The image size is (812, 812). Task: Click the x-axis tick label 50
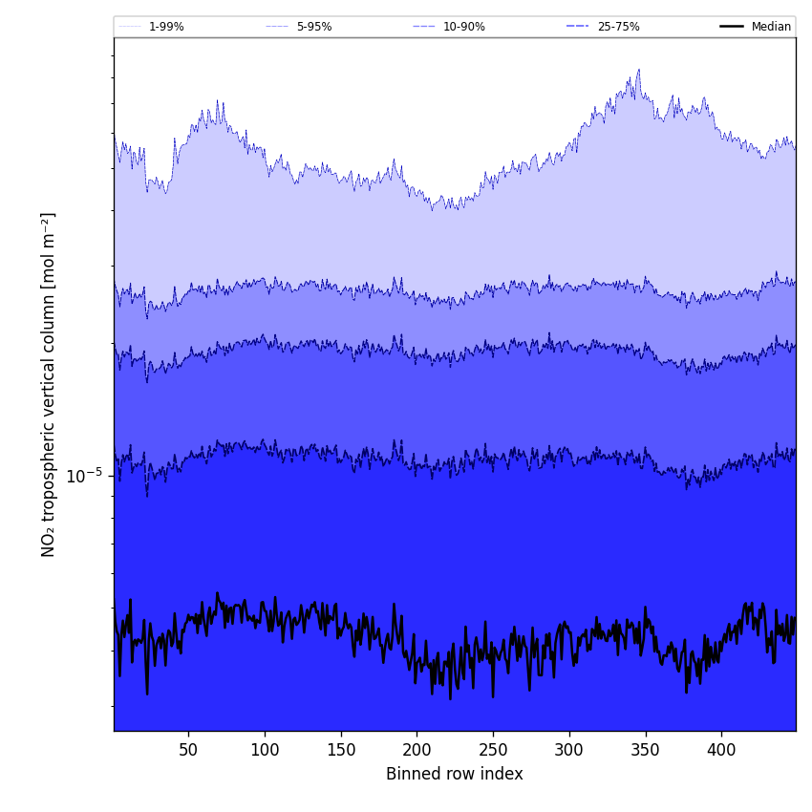pyautogui.click(x=188, y=751)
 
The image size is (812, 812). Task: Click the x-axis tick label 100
pyautogui.click(x=265, y=751)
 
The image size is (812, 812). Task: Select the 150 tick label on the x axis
pyautogui.click(x=341, y=751)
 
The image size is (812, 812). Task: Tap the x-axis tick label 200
pyautogui.click(x=417, y=751)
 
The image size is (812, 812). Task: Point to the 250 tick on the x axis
pyautogui.click(x=493, y=751)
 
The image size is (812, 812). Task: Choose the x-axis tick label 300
pyautogui.click(x=569, y=751)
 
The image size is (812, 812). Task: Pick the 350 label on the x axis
pyautogui.click(x=646, y=751)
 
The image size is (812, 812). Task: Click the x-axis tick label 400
pyautogui.click(x=721, y=751)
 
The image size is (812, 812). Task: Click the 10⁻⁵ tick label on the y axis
pyautogui.click(x=83, y=476)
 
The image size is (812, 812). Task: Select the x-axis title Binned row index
pyautogui.click(x=454, y=774)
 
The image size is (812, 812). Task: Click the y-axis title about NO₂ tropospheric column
pyautogui.click(x=49, y=384)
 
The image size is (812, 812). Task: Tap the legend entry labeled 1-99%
pyautogui.click(x=166, y=27)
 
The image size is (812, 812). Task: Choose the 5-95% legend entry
pyautogui.click(x=313, y=27)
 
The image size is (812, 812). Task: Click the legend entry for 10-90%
pyautogui.click(x=463, y=27)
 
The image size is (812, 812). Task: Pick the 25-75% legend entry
pyautogui.click(x=618, y=27)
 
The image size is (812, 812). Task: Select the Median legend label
pyautogui.click(x=771, y=27)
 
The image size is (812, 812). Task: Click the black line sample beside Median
pyautogui.click(x=732, y=27)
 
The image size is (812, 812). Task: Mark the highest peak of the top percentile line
pyautogui.click(x=638, y=70)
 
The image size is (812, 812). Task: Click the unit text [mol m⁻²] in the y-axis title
pyautogui.click(x=49, y=250)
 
